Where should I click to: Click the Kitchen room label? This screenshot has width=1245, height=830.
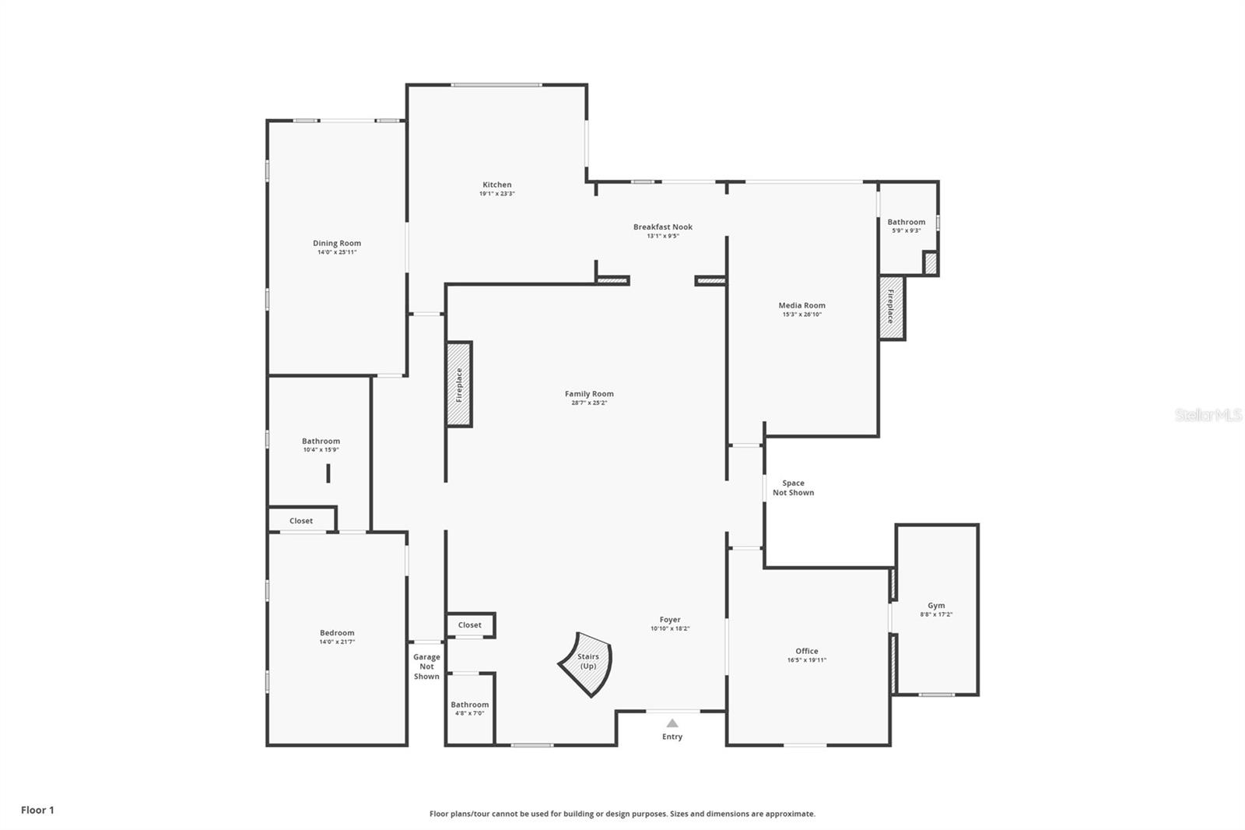tap(496, 185)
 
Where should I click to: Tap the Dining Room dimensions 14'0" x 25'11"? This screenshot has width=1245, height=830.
tap(337, 252)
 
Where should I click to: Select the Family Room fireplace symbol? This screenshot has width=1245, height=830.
tap(459, 385)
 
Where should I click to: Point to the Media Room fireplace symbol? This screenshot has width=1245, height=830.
tap(891, 308)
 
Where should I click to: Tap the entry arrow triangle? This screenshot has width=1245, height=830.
tap(672, 723)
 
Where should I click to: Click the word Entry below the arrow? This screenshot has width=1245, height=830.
tap(672, 737)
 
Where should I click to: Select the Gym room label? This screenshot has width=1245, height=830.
tap(936, 605)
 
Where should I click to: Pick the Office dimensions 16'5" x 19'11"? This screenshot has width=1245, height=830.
tap(806, 660)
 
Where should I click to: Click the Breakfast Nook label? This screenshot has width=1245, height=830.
tap(662, 227)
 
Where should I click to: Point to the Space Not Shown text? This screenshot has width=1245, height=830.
tap(793, 488)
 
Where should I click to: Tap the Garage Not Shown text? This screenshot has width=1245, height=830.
tap(426, 666)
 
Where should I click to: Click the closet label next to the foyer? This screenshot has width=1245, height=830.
tap(469, 624)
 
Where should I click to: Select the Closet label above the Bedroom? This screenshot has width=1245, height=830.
tap(301, 521)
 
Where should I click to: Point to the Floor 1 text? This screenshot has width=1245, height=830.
tap(37, 810)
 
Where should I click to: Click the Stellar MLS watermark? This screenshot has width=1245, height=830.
tap(1208, 415)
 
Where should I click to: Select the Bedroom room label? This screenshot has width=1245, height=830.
tap(337, 633)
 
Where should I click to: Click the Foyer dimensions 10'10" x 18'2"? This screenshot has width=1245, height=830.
tap(670, 628)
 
